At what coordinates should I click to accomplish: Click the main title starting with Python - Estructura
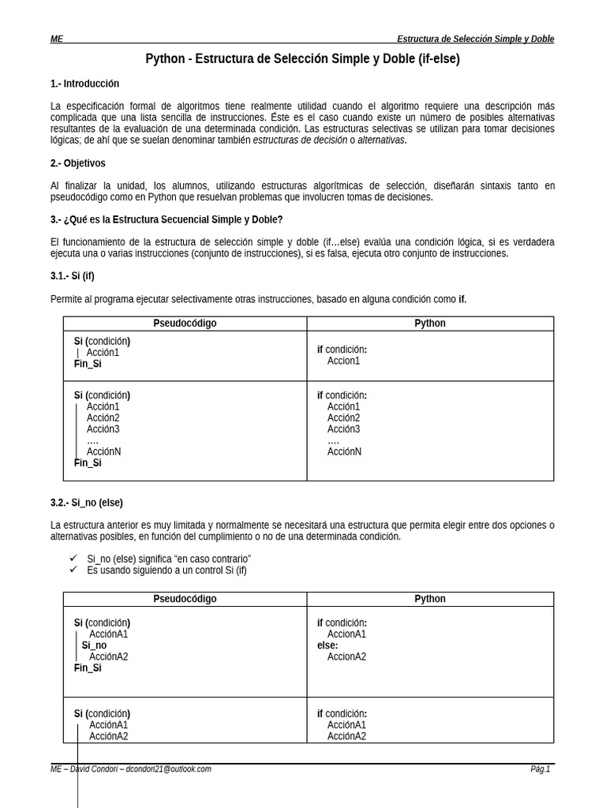click(x=302, y=59)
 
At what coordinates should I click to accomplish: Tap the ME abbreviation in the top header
click(x=57, y=39)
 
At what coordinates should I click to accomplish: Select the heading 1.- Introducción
click(x=84, y=84)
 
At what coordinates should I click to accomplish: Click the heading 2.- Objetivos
click(x=77, y=163)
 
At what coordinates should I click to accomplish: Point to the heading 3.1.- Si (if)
click(x=73, y=276)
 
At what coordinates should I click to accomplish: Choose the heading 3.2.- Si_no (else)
click(x=87, y=503)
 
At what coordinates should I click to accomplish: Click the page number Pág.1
click(x=540, y=769)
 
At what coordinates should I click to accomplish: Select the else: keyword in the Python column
click(x=327, y=645)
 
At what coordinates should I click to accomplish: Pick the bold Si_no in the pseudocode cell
click(x=94, y=645)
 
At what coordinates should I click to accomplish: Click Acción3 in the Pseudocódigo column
click(x=103, y=429)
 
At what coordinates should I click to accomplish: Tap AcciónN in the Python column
click(x=344, y=452)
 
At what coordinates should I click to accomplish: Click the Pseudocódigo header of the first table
click(x=185, y=324)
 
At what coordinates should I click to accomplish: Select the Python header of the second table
click(x=430, y=599)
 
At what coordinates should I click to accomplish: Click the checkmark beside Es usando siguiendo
click(x=73, y=570)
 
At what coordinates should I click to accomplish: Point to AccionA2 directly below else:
click(x=346, y=656)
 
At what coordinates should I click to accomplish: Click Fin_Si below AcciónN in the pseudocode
click(x=88, y=463)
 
